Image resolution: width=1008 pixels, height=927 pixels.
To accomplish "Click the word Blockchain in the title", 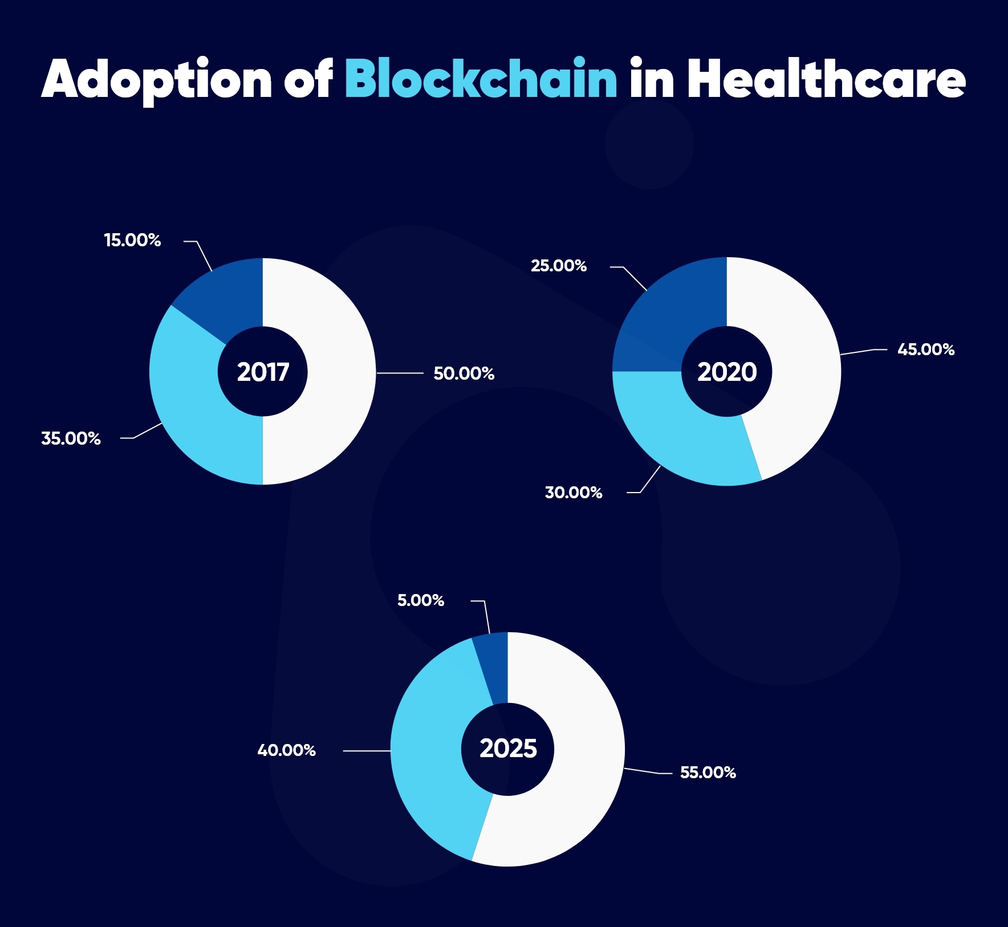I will click(x=481, y=79).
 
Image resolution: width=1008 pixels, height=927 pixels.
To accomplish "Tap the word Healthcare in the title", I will click(x=826, y=79).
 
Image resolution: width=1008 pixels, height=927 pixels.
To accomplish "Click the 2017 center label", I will click(x=263, y=372).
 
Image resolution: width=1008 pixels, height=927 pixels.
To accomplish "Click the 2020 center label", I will click(x=727, y=372).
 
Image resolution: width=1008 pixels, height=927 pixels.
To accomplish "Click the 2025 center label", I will click(x=508, y=748).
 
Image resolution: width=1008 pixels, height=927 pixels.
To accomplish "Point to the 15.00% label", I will click(x=132, y=240).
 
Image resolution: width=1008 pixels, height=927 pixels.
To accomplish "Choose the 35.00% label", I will click(x=71, y=438).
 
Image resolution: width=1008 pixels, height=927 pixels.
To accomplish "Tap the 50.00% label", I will click(x=464, y=373).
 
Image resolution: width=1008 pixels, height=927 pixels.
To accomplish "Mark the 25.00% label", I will click(x=558, y=266).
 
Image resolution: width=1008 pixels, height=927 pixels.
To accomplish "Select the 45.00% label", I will click(x=925, y=349).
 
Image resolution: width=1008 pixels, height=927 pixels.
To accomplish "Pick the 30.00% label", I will click(x=573, y=493).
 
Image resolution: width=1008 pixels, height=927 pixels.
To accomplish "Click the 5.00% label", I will click(x=420, y=600).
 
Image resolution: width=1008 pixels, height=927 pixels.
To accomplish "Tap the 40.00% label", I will click(x=286, y=750).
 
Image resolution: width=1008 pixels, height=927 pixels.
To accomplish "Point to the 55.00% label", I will click(x=708, y=773).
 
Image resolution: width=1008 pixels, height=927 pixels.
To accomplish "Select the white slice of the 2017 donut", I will click(x=336, y=371).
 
